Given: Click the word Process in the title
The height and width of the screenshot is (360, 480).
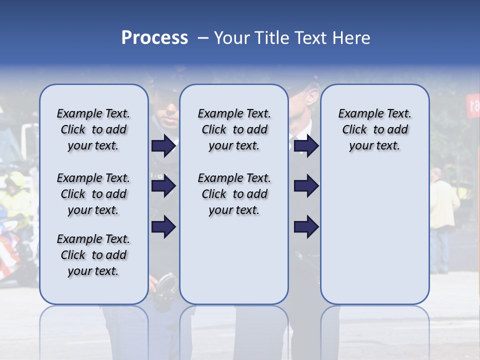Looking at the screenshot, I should click(154, 37).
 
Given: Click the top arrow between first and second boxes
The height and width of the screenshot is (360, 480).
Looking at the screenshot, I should click(163, 145).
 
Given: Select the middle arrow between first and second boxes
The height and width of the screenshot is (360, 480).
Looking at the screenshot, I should click(163, 186).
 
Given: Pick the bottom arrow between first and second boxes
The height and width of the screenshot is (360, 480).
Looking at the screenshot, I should click(163, 227).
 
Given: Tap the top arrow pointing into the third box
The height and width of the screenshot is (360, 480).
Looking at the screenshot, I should click(306, 145).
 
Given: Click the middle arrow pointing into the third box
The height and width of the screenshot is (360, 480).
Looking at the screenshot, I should click(306, 186).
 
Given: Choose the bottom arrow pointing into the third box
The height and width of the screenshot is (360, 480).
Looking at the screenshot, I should click(306, 227).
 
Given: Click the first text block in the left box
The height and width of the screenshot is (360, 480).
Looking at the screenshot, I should click(93, 129).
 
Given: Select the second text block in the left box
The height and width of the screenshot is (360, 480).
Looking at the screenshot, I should click(93, 194).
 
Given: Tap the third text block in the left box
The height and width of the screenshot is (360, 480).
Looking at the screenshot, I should click(93, 255).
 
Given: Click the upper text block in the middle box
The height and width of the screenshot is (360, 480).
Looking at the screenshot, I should click(234, 129).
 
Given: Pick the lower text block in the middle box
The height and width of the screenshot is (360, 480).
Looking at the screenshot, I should click(234, 194).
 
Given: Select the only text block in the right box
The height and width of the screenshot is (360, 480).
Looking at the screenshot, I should click(374, 129).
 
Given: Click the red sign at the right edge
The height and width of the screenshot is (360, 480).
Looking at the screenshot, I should click(473, 105).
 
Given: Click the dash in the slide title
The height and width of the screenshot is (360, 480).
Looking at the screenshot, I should click(203, 38).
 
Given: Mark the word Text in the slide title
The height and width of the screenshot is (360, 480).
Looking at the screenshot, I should click(310, 37).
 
